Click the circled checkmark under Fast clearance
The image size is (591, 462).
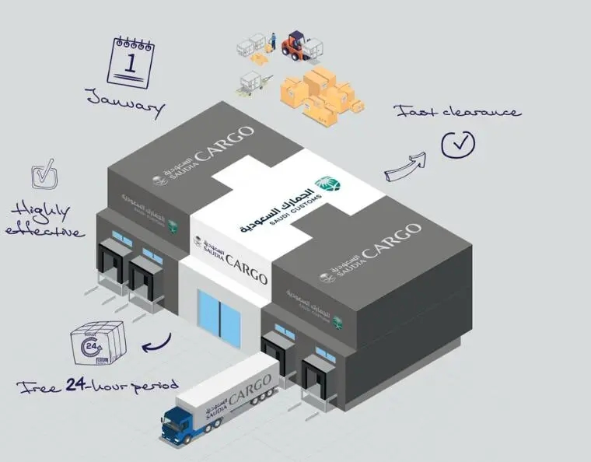[458, 142]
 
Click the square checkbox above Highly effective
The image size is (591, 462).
[44, 174]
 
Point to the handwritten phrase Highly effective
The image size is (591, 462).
[45, 220]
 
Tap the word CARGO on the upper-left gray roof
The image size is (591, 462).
[224, 143]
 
